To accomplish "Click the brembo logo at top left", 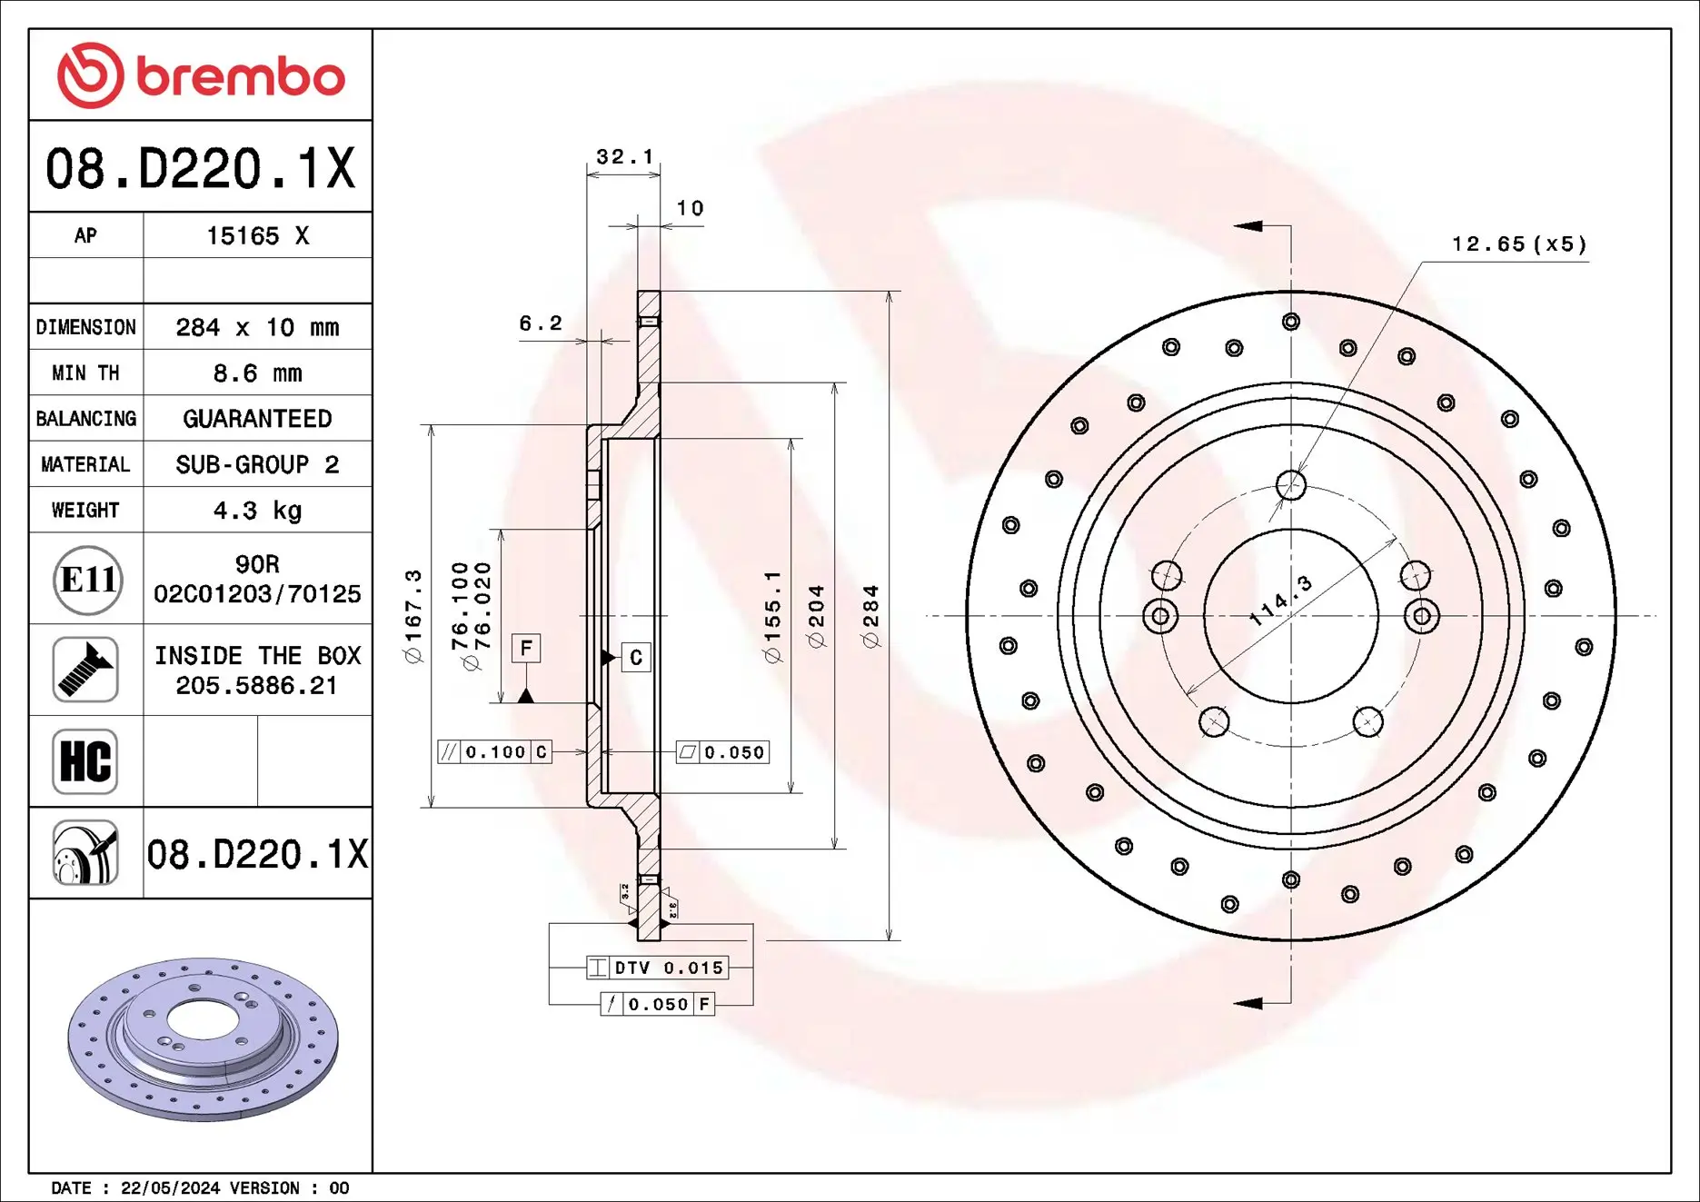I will click(x=200, y=75).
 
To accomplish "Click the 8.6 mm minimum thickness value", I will click(x=257, y=373).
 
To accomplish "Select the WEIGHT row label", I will click(x=85, y=511).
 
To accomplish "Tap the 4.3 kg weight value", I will click(x=257, y=511).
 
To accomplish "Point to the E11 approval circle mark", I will click(x=87, y=580).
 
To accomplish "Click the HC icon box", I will click(x=85, y=761).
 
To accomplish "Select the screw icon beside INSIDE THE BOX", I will click(x=85, y=670).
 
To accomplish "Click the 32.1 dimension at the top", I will click(x=624, y=156).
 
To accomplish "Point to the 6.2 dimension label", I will click(x=541, y=323).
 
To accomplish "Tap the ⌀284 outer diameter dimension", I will click(x=870, y=616).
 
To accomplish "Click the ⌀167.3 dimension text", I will click(x=413, y=616).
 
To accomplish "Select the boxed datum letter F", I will click(x=526, y=649).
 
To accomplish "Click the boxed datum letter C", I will click(x=636, y=658).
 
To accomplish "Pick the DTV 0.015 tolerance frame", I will click(x=658, y=968).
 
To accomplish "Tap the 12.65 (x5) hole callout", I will click(x=1518, y=244).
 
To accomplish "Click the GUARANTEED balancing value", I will click(x=257, y=419).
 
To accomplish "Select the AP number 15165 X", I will click(x=257, y=236).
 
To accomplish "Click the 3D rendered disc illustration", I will click(x=203, y=1038).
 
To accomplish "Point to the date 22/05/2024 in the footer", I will click(x=170, y=1188).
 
